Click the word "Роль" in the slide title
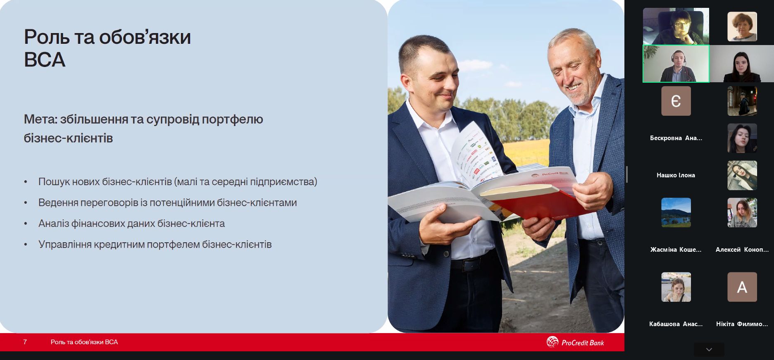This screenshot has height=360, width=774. pyautogui.click(x=47, y=37)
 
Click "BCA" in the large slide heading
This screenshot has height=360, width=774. pyautogui.click(x=45, y=60)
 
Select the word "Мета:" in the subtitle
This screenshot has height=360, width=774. pyautogui.click(x=40, y=119)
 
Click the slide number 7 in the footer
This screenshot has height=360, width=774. pyautogui.click(x=25, y=342)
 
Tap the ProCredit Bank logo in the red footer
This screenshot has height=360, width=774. pyautogui.click(x=575, y=342)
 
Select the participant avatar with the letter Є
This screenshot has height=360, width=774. pyautogui.click(x=676, y=101)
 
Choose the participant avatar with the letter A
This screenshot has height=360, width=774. pyautogui.click(x=742, y=287)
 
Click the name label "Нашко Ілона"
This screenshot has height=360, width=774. pyautogui.click(x=676, y=175)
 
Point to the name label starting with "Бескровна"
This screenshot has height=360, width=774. pyautogui.click(x=676, y=138)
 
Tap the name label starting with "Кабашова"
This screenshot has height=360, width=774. pyautogui.click(x=676, y=324)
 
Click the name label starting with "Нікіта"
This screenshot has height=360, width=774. pyautogui.click(x=742, y=324)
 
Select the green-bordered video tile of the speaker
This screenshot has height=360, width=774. pyautogui.click(x=676, y=64)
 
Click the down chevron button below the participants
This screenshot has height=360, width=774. pyautogui.click(x=709, y=350)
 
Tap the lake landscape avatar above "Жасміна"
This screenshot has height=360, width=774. pyautogui.click(x=676, y=212)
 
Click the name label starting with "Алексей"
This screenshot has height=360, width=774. pyautogui.click(x=742, y=250)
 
